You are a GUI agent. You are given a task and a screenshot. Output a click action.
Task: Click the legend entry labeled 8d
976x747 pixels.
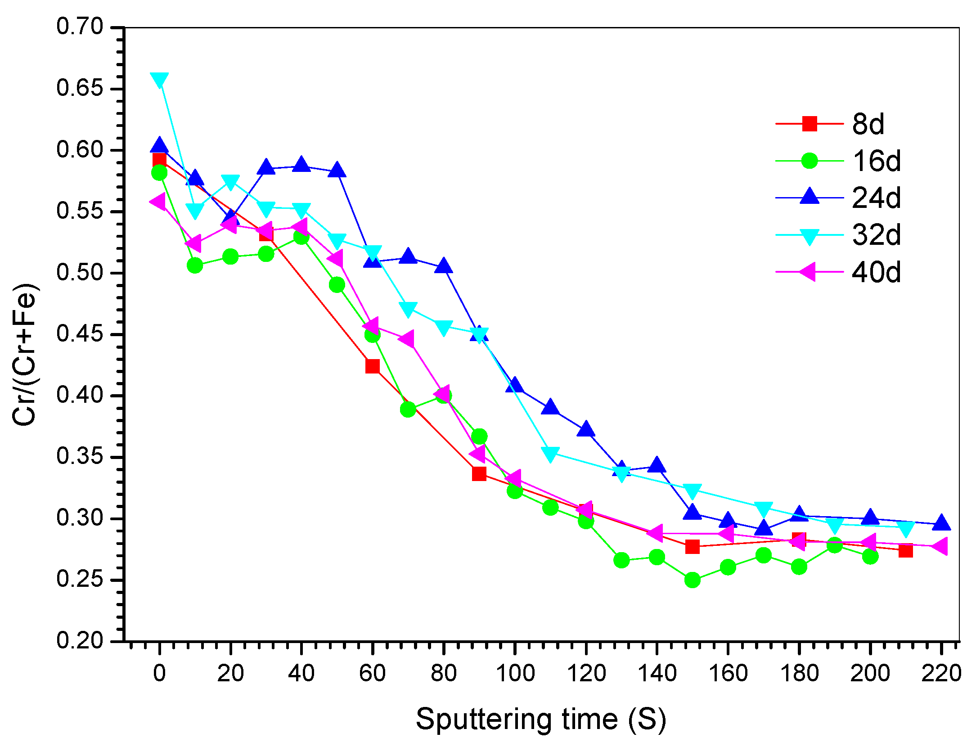868,124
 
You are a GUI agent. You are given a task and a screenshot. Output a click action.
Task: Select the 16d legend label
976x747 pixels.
876,161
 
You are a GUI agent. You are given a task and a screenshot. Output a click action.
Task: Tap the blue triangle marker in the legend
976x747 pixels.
810,197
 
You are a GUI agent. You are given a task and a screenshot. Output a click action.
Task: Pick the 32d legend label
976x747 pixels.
876,234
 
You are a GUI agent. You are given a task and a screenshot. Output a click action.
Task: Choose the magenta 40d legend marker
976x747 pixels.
809,272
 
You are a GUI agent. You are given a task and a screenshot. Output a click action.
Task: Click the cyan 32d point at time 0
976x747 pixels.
159,81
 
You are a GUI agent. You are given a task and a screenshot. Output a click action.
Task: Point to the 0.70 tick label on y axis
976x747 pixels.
80,27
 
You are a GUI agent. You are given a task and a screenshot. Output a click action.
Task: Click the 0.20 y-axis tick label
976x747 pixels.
80,640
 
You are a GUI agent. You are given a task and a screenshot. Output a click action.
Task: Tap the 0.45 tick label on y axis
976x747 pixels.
80,334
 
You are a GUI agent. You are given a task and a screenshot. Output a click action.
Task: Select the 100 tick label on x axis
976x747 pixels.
515,674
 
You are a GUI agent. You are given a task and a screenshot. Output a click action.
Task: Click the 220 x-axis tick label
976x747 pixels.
941,674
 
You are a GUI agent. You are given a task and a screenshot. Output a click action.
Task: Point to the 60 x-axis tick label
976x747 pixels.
372,674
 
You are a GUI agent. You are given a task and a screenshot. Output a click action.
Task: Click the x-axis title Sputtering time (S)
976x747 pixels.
540,719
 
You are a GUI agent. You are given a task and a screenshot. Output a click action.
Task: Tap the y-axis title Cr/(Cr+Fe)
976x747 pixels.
24,355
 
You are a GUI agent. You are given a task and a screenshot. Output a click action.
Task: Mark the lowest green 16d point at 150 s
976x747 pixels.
692,580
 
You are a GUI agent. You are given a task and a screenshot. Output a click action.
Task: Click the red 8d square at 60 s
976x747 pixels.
372,366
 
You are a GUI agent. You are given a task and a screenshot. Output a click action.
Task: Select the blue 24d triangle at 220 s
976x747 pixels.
941,523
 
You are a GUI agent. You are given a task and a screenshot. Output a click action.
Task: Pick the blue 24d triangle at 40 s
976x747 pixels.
301,165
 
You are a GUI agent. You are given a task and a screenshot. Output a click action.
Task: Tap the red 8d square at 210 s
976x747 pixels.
905,550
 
